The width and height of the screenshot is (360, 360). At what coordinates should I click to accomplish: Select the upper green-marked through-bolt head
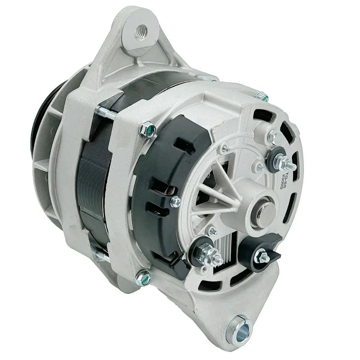[x=147, y=130]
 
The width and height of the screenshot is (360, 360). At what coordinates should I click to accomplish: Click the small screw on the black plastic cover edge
[x=175, y=202]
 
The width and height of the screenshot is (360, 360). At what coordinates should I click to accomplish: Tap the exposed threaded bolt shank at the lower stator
[x=102, y=256]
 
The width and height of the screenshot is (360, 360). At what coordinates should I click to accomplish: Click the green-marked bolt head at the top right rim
[x=261, y=96]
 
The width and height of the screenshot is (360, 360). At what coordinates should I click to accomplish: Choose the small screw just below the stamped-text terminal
[x=259, y=169]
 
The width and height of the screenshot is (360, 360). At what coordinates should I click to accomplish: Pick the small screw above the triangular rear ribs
[x=224, y=148]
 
